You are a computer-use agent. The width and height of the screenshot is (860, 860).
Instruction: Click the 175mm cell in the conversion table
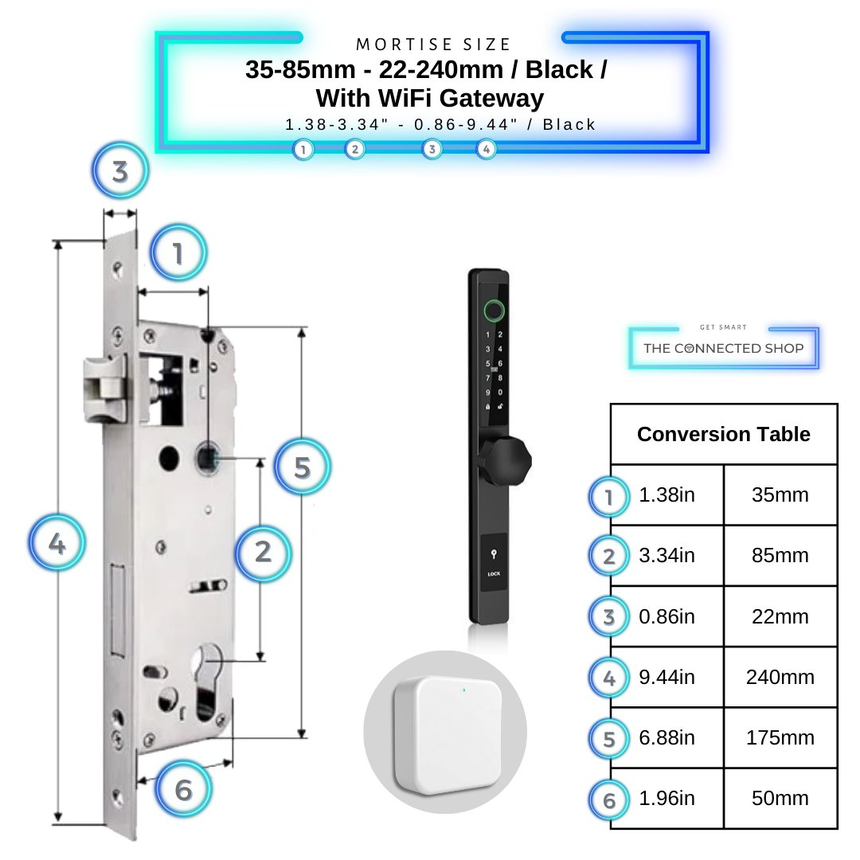point(780,737)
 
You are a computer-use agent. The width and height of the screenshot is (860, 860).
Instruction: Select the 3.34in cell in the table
point(666,556)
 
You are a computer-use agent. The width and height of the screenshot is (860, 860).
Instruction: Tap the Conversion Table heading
point(723,434)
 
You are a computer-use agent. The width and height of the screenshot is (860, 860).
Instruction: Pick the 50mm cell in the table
point(780,798)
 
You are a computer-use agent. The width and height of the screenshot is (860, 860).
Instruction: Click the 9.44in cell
point(666,678)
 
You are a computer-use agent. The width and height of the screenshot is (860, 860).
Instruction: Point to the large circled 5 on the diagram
point(302,467)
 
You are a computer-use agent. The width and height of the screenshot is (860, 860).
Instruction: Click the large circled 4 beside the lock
point(57,545)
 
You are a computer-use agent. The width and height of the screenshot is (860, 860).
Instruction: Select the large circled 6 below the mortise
point(184,790)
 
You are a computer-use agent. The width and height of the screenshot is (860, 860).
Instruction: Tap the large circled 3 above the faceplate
point(120,171)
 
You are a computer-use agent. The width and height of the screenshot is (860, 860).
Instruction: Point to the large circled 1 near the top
point(178,254)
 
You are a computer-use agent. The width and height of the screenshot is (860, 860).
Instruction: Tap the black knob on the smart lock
point(503,460)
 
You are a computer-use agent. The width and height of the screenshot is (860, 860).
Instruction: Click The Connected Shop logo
point(723,348)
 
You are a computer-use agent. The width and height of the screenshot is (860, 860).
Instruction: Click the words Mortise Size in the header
point(433,45)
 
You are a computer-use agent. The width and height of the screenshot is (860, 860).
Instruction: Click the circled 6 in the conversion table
point(609,799)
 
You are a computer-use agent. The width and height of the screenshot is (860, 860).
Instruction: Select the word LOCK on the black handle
point(494,573)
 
